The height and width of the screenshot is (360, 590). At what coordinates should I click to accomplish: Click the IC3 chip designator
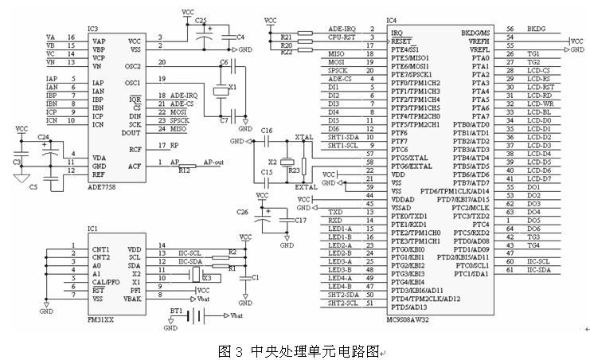[93, 29]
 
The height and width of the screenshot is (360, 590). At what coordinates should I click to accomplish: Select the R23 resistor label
[295, 170]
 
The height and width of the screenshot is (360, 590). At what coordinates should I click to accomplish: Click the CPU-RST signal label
[341, 37]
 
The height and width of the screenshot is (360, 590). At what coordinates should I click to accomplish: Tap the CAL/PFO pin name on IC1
[105, 283]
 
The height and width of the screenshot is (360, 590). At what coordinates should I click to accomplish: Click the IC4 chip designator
[391, 19]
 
